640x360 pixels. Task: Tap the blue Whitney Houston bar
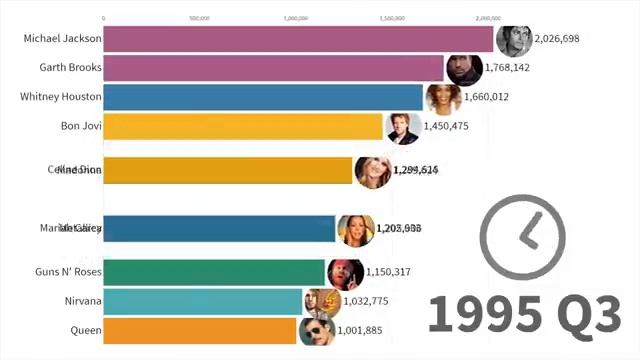click(x=263, y=97)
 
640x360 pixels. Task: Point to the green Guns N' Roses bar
click(x=214, y=272)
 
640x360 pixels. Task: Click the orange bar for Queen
click(x=200, y=330)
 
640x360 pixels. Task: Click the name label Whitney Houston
click(x=60, y=97)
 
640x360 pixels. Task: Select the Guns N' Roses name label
click(x=64, y=272)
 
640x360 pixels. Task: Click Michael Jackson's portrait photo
click(x=513, y=39)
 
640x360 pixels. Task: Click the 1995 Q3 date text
click(x=525, y=314)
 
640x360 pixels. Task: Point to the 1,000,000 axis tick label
click(x=296, y=18)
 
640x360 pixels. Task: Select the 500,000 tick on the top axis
click(x=199, y=18)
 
